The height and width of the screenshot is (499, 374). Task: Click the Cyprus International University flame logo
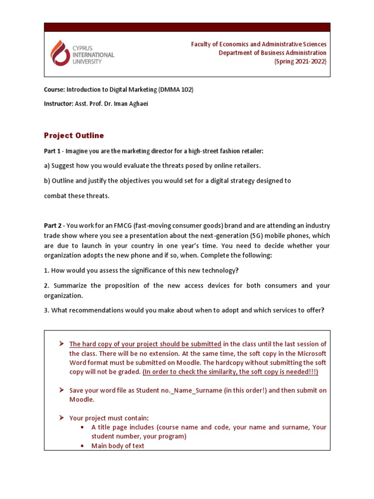[60, 53]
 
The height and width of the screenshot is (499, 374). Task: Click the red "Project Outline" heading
[74, 135]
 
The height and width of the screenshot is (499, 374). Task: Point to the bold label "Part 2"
[53, 226]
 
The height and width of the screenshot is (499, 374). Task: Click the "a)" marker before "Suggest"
[47, 166]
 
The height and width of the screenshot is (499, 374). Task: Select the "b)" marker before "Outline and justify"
[47, 181]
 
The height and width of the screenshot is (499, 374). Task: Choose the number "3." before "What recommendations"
[47, 310]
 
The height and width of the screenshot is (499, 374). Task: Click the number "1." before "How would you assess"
[47, 270]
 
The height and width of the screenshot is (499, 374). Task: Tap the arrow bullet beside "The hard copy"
[62, 344]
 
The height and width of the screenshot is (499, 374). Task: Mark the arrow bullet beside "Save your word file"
[62, 390]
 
